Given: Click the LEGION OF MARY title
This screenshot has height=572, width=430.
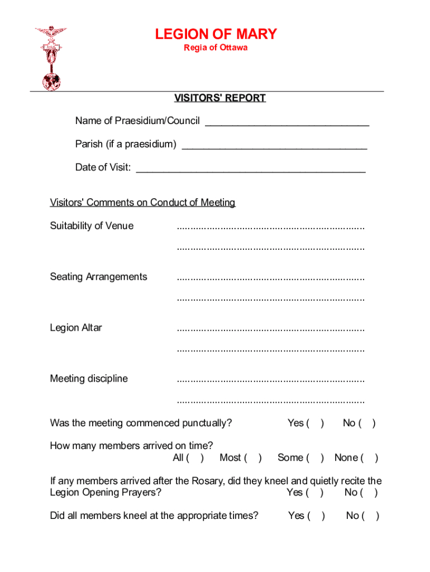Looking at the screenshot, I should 216,35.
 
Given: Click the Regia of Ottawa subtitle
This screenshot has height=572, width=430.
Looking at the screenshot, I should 216,48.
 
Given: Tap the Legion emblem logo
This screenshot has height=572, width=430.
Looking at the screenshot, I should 50,58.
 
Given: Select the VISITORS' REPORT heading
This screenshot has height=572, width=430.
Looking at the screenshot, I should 219,98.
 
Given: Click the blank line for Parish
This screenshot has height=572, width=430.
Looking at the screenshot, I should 275,145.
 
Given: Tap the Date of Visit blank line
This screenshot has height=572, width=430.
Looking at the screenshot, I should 251,168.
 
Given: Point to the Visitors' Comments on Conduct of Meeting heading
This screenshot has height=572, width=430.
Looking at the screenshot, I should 142,202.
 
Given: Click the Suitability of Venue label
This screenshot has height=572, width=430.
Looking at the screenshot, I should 92,226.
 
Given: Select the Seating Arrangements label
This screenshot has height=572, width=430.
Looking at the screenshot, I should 98,277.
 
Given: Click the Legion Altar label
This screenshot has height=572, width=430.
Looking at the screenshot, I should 76,328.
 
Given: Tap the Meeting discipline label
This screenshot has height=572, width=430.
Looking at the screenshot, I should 89,379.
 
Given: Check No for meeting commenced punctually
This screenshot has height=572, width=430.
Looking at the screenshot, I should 367,423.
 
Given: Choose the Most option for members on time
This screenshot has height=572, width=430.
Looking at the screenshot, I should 252,458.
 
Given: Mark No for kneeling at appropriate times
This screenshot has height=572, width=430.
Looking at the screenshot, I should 371,516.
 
